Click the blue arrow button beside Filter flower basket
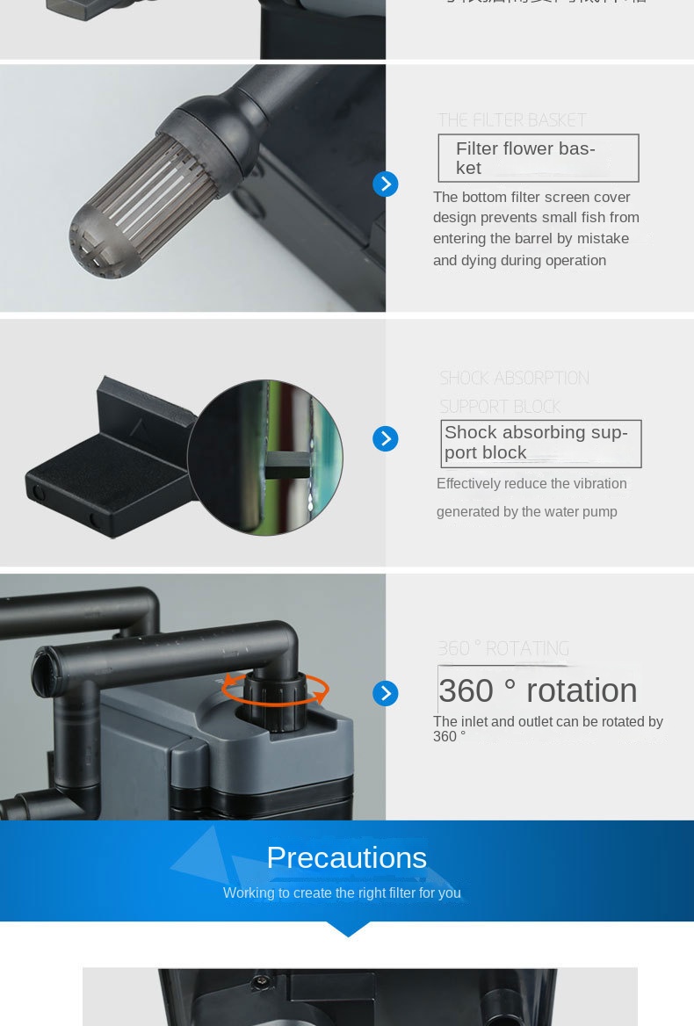(x=385, y=184)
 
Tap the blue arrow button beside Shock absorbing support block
(x=385, y=439)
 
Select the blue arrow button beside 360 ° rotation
(x=385, y=693)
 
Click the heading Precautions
(x=346, y=857)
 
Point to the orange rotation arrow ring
(x=275, y=689)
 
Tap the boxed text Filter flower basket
(x=538, y=158)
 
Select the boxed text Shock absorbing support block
(x=540, y=443)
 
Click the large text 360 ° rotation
(x=538, y=690)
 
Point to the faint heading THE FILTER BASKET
(x=511, y=120)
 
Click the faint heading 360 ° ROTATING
(x=503, y=649)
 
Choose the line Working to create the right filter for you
(x=342, y=893)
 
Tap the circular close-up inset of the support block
(x=264, y=458)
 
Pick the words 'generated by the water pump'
(x=526, y=512)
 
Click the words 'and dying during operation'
(x=519, y=261)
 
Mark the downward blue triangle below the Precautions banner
(x=347, y=928)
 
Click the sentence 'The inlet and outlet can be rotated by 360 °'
(x=547, y=728)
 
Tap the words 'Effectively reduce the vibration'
(x=531, y=484)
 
